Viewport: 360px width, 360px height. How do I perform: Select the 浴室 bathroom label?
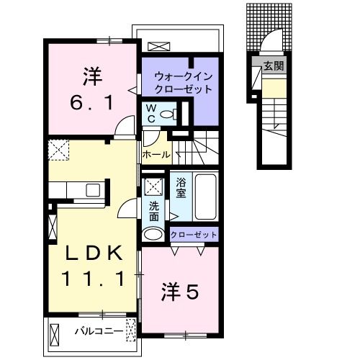pyautogui.click(x=181, y=187)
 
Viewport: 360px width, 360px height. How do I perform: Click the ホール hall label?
pyautogui.click(x=156, y=155)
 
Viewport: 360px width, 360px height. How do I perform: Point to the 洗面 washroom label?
pyautogui.click(x=154, y=210)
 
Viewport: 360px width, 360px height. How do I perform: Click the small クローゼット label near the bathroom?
pyautogui.click(x=194, y=235)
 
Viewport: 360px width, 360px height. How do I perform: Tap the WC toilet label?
pyautogui.click(x=151, y=114)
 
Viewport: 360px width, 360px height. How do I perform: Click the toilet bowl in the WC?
pyautogui.click(x=170, y=114)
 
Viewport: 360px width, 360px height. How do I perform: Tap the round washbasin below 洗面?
pyautogui.click(x=153, y=234)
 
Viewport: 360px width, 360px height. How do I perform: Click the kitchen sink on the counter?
pyautogui.click(x=92, y=190)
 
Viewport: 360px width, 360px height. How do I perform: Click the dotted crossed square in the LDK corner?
pyautogui.click(x=58, y=150)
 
